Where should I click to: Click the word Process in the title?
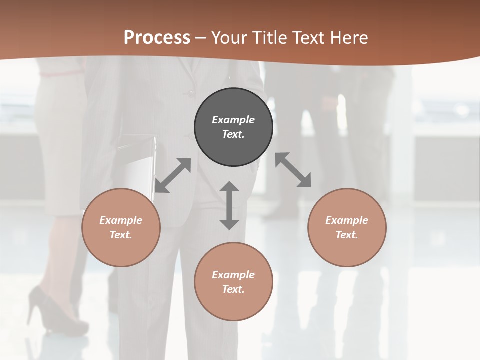[157, 38]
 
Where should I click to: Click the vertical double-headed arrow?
[229, 205]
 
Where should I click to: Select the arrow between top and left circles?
[173, 175]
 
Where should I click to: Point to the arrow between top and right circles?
[293, 170]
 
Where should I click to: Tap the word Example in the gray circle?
[233, 120]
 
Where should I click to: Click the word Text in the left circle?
[121, 235]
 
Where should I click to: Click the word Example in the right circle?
[347, 220]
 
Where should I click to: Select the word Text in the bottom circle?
[233, 289]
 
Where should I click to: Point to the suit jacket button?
[189, 93]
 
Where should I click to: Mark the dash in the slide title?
[200, 38]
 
